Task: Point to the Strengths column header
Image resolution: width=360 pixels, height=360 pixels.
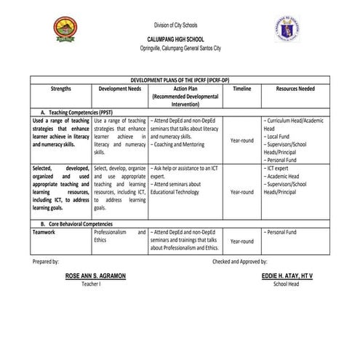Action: click(61, 88)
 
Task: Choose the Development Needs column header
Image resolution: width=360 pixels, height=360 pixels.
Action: click(120, 88)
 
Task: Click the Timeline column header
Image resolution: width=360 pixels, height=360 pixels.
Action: click(241, 88)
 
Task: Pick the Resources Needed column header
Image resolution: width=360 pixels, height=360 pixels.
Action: click(296, 88)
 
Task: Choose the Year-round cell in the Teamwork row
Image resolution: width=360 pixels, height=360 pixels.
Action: click(241, 241)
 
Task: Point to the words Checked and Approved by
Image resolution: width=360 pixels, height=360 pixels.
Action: click(240, 260)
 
